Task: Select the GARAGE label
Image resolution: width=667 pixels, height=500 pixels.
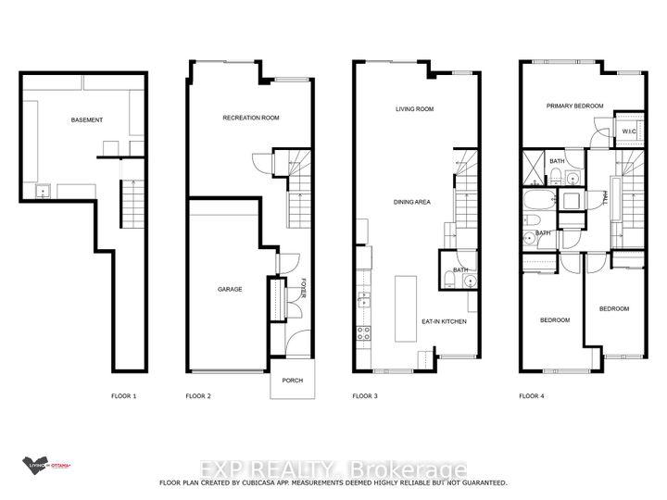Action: click(230, 289)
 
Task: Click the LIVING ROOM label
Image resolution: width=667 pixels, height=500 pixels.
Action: click(415, 109)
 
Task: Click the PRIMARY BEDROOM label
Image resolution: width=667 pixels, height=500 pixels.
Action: click(574, 106)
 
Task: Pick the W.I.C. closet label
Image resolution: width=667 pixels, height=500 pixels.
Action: click(629, 131)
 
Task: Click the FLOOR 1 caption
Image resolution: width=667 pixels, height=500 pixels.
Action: click(122, 396)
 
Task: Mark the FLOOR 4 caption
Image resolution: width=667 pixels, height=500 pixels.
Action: click(531, 396)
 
